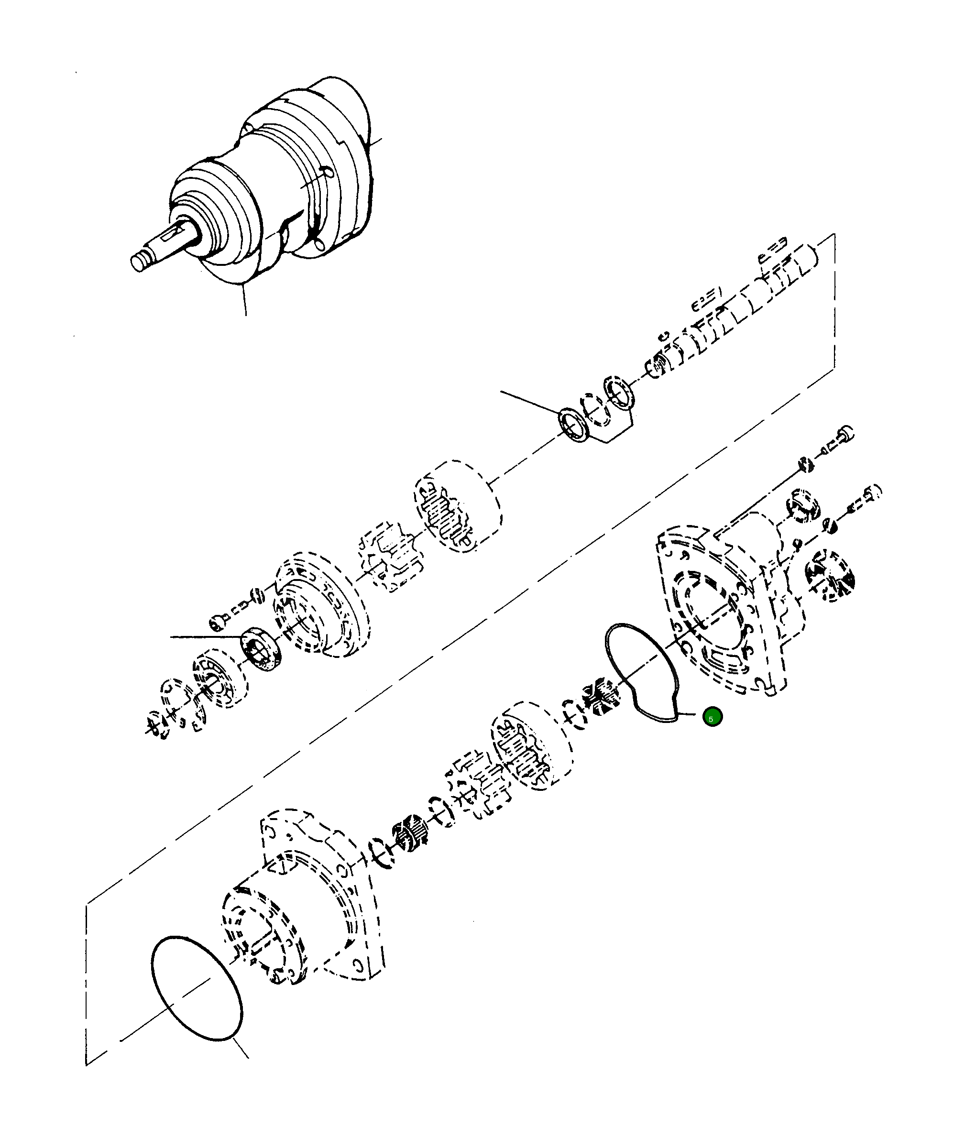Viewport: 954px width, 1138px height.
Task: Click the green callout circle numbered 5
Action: (712, 717)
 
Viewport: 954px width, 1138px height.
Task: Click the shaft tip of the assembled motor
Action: (140, 263)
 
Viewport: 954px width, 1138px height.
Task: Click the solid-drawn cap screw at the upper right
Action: (841, 439)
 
